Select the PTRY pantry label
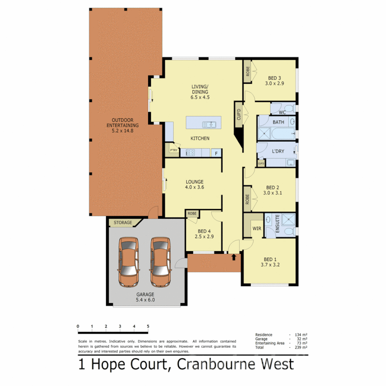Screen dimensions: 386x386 174,150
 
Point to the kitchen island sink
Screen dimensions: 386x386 209,125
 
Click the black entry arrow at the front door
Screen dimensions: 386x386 234,257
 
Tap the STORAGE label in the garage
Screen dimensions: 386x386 123,223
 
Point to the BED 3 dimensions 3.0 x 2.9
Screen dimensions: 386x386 274,83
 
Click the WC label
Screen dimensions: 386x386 282,113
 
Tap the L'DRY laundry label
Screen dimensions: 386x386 278,151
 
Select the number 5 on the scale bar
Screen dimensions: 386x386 148,326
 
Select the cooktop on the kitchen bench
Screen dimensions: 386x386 189,153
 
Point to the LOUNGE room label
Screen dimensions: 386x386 194,182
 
